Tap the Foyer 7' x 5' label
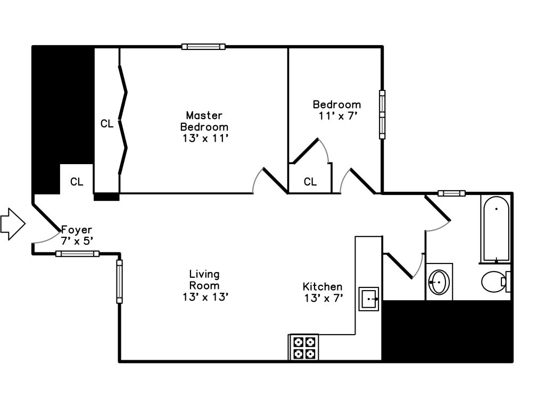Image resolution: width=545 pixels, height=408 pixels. (x=77, y=235)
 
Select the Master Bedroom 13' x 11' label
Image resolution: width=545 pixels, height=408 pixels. (x=204, y=127)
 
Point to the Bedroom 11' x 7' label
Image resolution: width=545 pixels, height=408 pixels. (x=336, y=110)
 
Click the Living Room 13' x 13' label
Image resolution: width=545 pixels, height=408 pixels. (x=205, y=285)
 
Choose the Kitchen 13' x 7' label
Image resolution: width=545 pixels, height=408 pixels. (x=323, y=292)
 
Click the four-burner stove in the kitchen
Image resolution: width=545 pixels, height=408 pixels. (x=304, y=347)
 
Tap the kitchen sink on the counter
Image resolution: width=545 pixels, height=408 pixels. (x=368, y=299)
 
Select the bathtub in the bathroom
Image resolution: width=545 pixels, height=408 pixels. (x=496, y=229)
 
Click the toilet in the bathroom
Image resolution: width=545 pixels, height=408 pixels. (x=494, y=282)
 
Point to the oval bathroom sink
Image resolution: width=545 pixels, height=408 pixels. (x=439, y=282)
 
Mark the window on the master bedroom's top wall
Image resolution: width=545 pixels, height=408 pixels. (x=203, y=47)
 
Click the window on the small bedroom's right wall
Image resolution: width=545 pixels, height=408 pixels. (x=382, y=114)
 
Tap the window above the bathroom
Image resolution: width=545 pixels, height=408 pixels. (x=451, y=193)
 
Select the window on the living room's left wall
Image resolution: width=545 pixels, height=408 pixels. (x=119, y=282)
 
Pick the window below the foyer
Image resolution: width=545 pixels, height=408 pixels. (x=77, y=253)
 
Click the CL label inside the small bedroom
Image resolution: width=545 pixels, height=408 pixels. (x=310, y=182)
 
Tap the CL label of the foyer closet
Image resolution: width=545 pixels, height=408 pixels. (x=77, y=182)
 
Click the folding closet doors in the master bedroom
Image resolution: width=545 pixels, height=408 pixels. (x=123, y=120)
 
